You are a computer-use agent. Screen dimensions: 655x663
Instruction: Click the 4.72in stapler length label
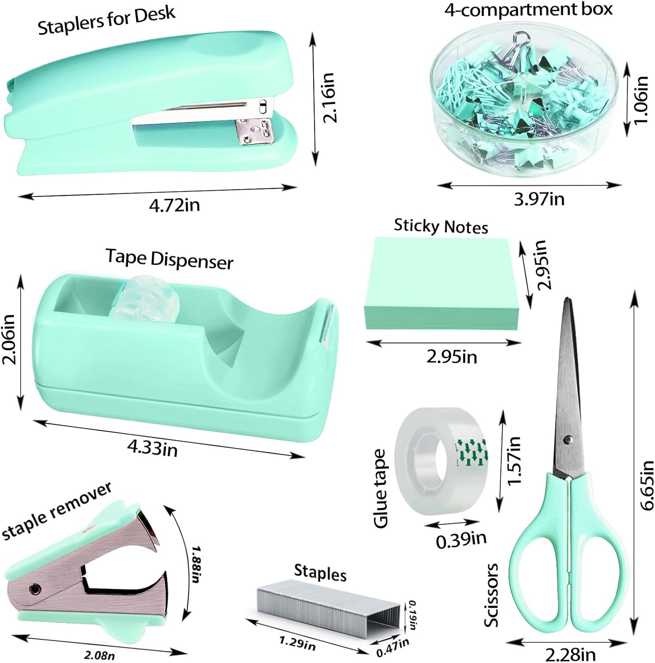[174, 205]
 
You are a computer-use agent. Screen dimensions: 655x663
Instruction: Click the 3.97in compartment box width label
[539, 199]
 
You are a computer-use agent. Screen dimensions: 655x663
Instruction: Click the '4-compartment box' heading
[529, 9]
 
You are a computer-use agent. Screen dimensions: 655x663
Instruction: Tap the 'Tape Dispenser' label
[170, 259]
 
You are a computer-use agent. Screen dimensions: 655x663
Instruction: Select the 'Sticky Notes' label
[441, 226]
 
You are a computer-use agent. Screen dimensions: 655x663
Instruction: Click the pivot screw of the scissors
[568, 440]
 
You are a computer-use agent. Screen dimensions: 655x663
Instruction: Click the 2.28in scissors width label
[570, 654]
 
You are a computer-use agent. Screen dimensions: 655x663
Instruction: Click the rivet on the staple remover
[34, 588]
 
